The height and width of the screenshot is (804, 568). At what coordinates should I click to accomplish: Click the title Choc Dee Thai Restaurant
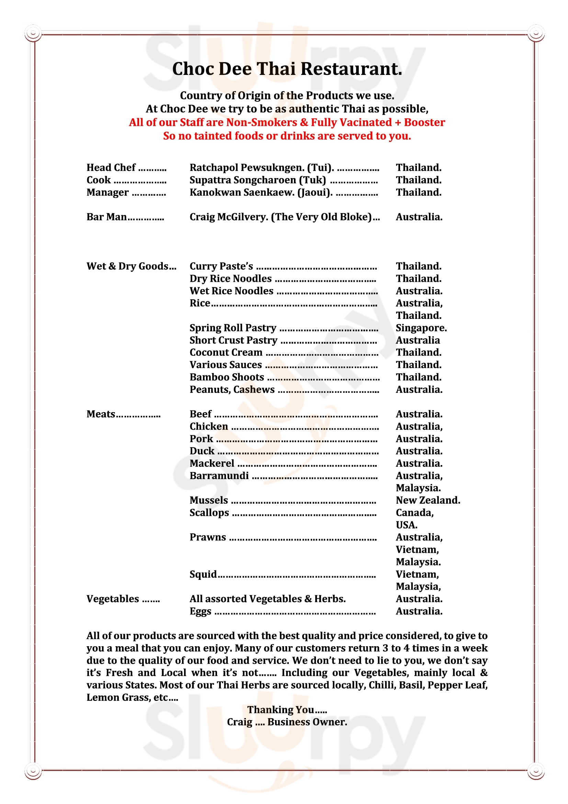coord(287,69)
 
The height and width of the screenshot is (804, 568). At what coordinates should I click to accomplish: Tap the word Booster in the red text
coord(424,122)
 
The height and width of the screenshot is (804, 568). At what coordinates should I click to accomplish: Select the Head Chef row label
coord(111,168)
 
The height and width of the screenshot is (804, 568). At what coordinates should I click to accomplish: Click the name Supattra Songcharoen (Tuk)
coord(258,180)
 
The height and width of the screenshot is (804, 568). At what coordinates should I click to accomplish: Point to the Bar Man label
coord(107,217)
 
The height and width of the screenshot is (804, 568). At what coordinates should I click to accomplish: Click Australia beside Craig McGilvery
coord(419,217)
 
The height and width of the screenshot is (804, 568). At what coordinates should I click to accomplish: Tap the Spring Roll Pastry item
coord(233,328)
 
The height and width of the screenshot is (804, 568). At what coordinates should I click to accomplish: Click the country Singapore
coord(421,328)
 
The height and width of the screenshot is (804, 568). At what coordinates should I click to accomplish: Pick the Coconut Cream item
coord(226,352)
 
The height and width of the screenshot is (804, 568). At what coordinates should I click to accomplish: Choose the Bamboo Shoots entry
coord(227,377)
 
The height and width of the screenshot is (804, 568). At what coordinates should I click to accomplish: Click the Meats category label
coord(101,414)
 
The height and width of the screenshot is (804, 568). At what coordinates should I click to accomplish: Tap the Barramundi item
coord(219,475)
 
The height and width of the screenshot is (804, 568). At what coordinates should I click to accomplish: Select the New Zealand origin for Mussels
coord(428,500)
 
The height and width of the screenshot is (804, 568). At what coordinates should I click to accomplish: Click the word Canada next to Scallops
coord(414,513)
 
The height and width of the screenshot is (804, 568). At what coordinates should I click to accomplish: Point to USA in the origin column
coord(406,525)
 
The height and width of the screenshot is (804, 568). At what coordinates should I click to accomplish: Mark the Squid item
coord(203,574)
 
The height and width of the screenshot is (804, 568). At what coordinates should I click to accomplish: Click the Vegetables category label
coord(113,599)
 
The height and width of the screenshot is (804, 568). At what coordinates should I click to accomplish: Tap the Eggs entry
coord(201,611)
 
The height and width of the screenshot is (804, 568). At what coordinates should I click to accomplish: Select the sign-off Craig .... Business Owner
coord(287,722)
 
